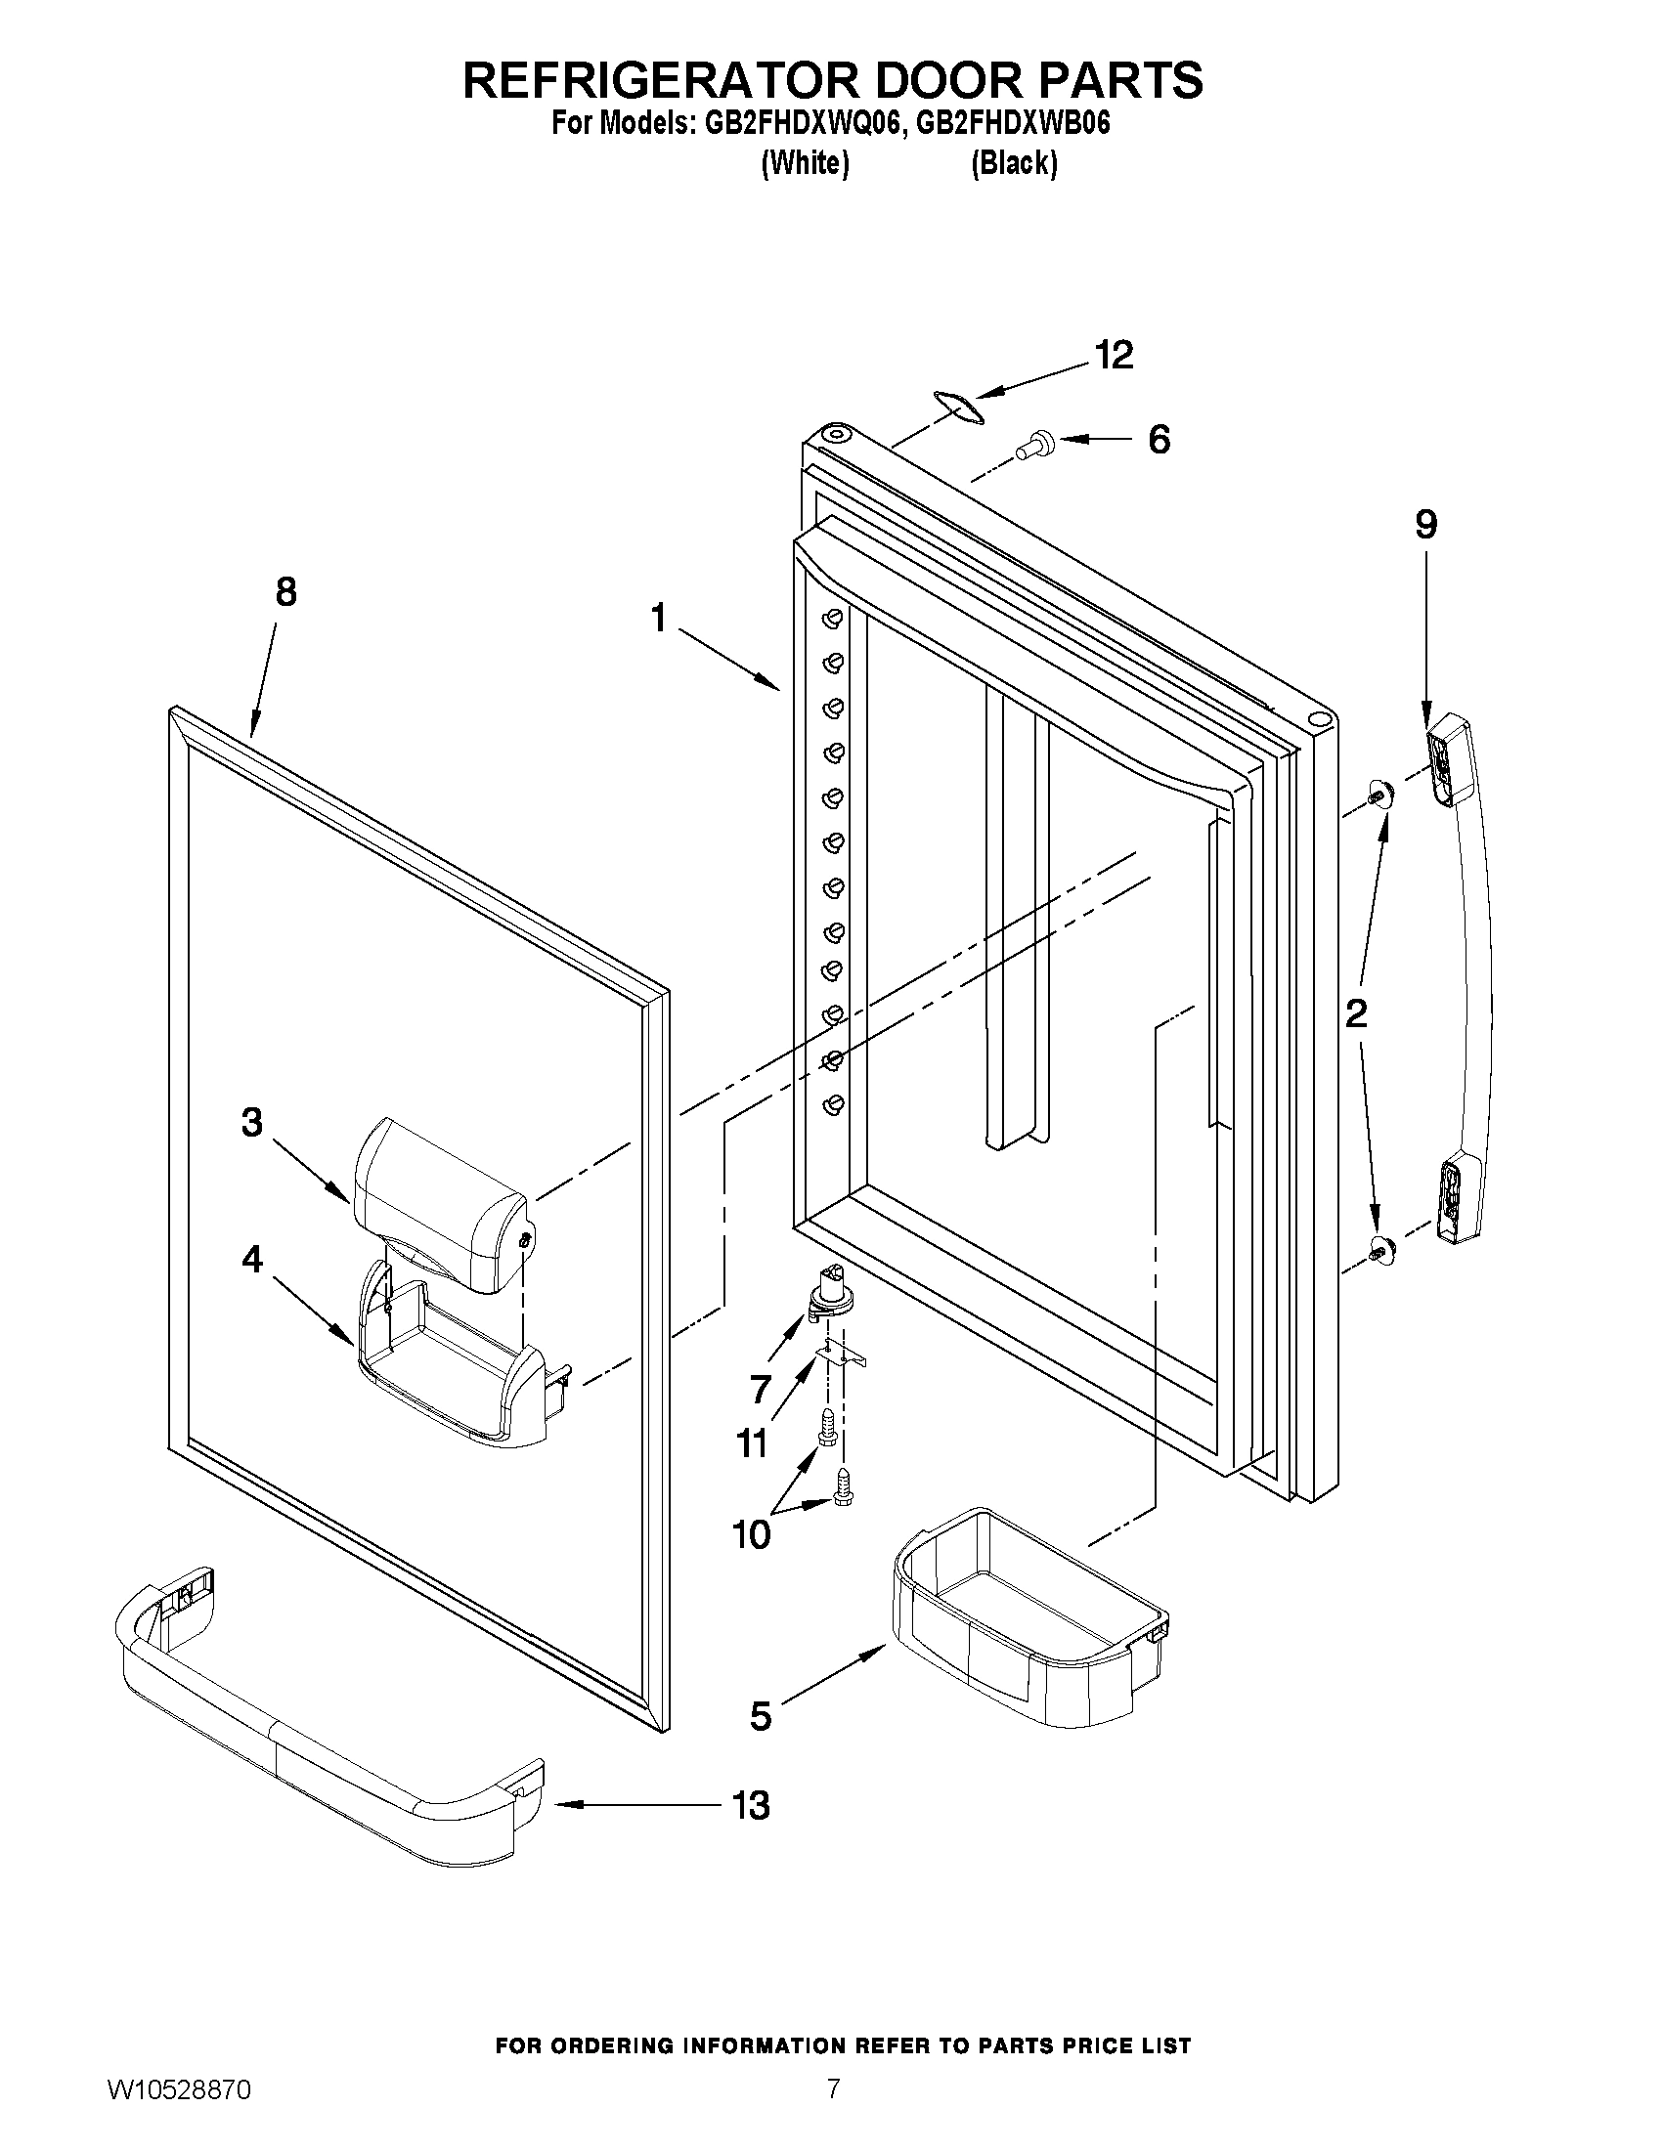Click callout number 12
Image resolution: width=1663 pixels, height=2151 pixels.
[1115, 356]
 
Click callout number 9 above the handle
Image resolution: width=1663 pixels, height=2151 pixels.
[1425, 525]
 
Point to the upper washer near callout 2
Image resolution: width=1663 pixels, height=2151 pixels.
[1380, 794]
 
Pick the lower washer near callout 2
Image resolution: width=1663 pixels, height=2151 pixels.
[1380, 1251]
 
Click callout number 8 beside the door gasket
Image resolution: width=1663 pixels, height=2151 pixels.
[285, 592]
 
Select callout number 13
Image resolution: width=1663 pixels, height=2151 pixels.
[751, 1805]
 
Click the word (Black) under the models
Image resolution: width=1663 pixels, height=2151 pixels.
[1014, 163]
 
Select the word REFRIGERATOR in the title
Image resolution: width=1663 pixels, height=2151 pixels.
[670, 80]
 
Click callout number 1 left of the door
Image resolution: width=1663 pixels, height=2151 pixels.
[658, 619]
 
